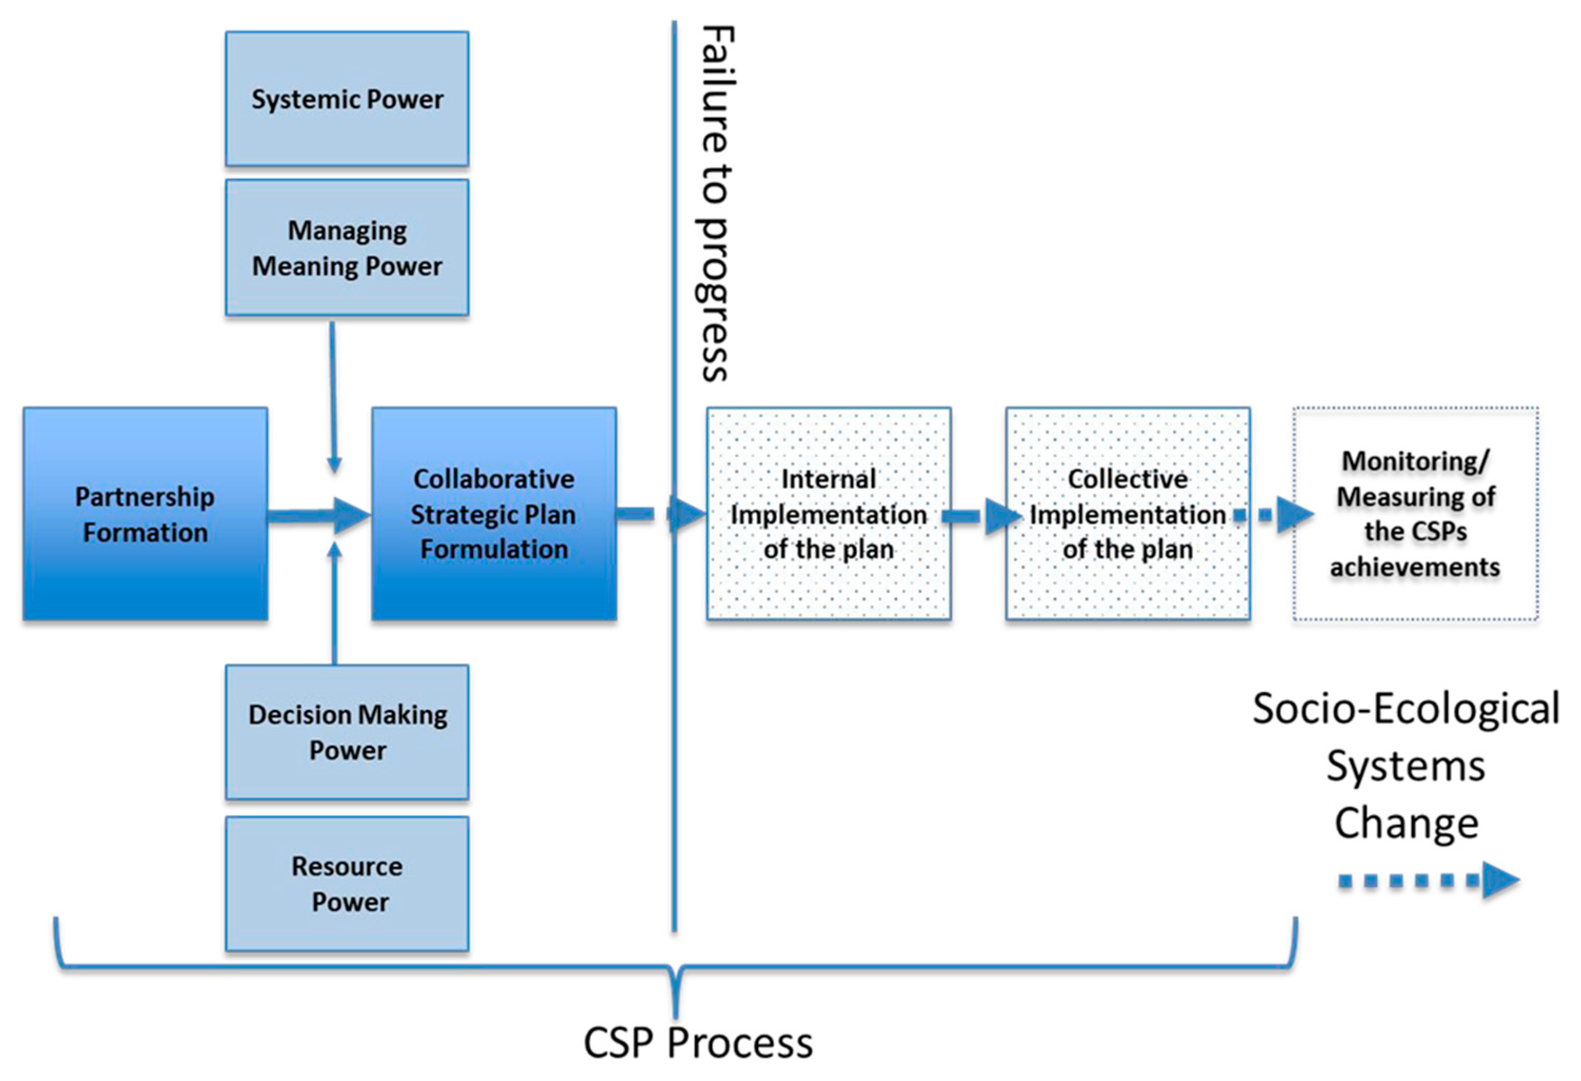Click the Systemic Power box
tap(347, 98)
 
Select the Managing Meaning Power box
tap(347, 248)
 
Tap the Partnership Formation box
tap(145, 514)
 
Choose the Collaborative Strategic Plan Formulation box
tap(494, 514)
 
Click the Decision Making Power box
tap(347, 732)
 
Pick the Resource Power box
tap(347, 883)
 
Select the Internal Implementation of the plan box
tap(829, 514)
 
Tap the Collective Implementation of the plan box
tap(1127, 514)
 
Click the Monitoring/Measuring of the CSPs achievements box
tap(1415, 514)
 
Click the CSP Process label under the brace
tap(698, 1043)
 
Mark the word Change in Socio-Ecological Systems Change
tap(1406, 823)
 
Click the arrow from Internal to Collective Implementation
tap(980, 517)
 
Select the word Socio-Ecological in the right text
tap(1406, 709)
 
